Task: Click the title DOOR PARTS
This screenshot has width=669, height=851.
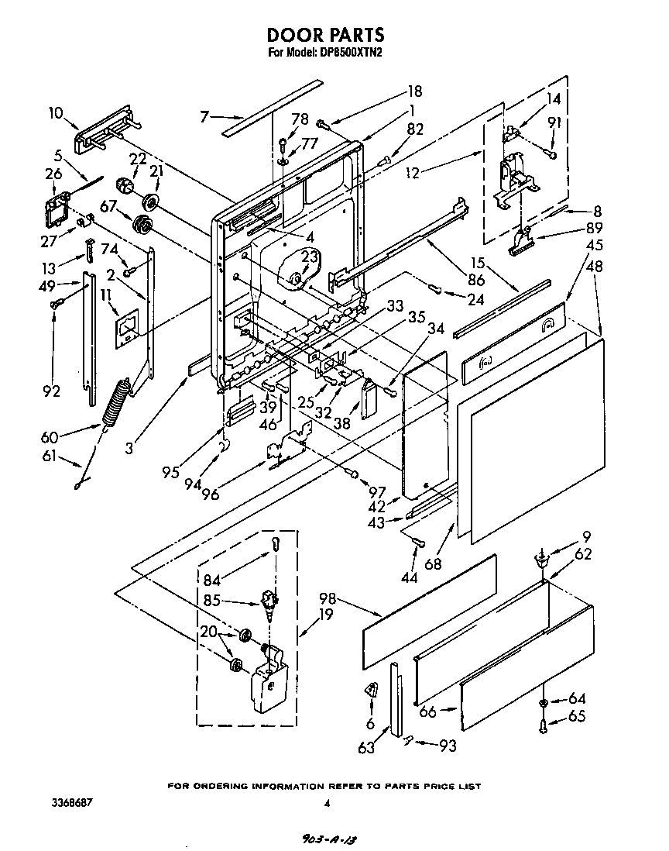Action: (x=325, y=35)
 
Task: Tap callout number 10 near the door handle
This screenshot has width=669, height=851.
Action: (x=56, y=113)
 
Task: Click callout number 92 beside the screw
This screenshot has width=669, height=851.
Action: (x=51, y=391)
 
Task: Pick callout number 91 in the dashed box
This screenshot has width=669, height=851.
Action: (x=554, y=122)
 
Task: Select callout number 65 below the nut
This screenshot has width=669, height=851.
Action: (x=576, y=718)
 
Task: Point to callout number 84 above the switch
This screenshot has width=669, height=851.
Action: (x=211, y=578)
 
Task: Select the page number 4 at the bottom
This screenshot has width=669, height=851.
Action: (x=327, y=804)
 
